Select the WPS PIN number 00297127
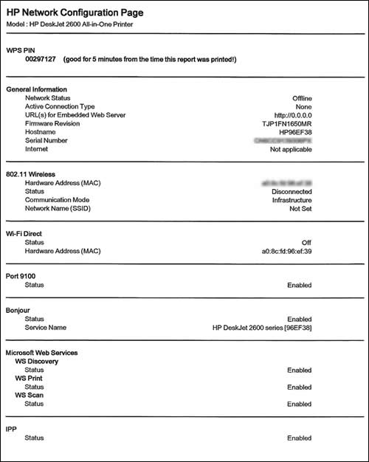[x=41, y=58]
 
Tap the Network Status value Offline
[x=302, y=97]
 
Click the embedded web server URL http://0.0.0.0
[x=292, y=115]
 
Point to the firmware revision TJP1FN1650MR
[x=286, y=123]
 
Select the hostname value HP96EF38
[x=294, y=132]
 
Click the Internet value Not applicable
[x=291, y=149]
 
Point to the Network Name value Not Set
[x=300, y=208]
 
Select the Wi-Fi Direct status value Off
[x=306, y=242]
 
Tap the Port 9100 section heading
[x=25, y=276]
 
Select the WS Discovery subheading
[x=37, y=362]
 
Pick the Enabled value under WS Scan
[x=299, y=404]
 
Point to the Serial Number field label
[x=49, y=140]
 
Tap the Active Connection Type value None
[x=303, y=106]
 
